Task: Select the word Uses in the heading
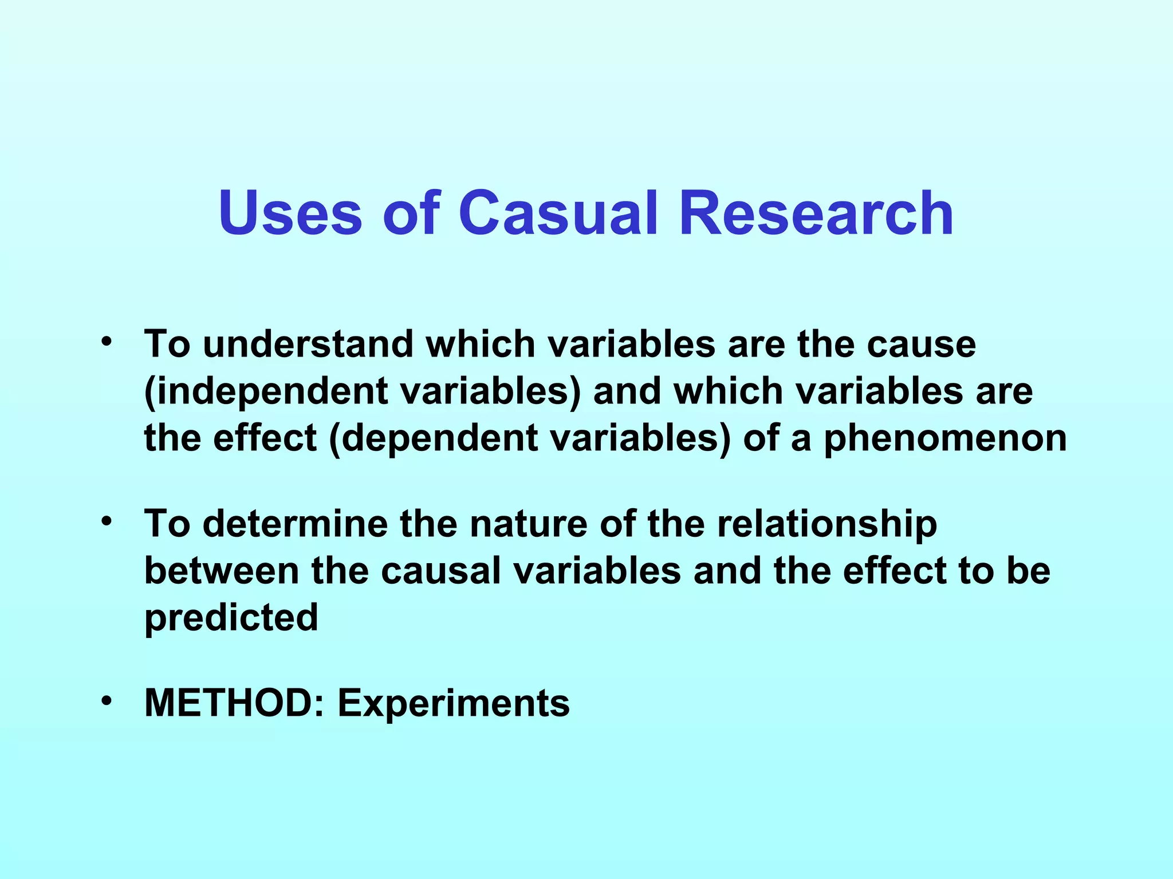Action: (290, 213)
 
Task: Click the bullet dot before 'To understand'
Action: (105, 342)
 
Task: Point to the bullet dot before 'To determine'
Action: (105, 521)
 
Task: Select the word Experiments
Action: (454, 704)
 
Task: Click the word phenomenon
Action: (945, 439)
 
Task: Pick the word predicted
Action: (231, 618)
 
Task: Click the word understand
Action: (308, 345)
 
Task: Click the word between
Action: (221, 571)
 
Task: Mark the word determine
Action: (295, 524)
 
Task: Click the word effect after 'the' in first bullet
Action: (265, 438)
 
